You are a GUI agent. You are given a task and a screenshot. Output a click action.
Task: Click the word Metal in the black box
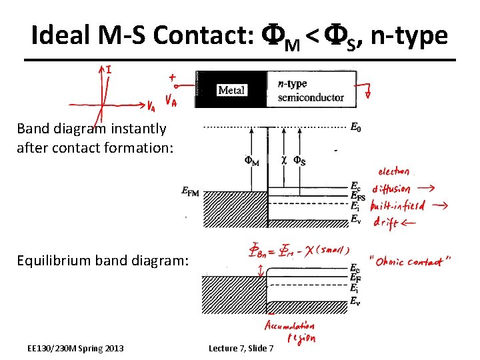pyautogui.click(x=231, y=90)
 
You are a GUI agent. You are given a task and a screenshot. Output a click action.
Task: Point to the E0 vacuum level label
pyautogui.click(x=357, y=126)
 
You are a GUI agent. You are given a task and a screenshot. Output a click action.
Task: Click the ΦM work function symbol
pyautogui.click(x=252, y=161)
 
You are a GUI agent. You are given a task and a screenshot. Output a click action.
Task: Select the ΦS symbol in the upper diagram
pyautogui.click(x=300, y=161)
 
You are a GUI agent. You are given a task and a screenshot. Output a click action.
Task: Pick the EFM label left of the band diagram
pyautogui.click(x=190, y=192)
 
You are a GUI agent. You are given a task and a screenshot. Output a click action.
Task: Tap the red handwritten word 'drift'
pyautogui.click(x=386, y=222)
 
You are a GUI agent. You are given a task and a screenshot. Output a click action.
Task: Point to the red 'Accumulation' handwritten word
pyautogui.click(x=289, y=326)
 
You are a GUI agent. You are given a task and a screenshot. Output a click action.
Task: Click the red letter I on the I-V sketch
pyautogui.click(x=109, y=69)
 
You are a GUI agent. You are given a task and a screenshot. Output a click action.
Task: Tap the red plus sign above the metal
pyautogui.click(x=172, y=77)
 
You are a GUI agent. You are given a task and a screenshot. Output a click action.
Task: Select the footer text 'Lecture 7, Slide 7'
pyautogui.click(x=241, y=348)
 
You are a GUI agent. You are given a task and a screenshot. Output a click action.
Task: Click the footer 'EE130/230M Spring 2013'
pyautogui.click(x=75, y=348)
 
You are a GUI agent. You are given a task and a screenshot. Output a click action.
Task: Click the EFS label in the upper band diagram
pyautogui.click(x=358, y=197)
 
